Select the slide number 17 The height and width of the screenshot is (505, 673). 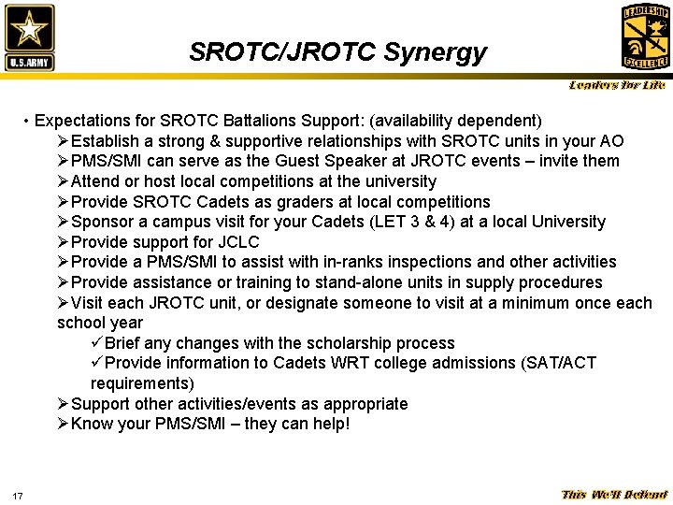pos(18,495)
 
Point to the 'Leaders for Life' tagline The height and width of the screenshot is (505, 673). pos(617,86)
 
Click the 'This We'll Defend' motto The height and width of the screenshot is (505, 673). pos(613,495)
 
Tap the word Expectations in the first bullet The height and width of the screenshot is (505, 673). pos(94,121)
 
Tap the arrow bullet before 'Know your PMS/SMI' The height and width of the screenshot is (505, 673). pos(63,425)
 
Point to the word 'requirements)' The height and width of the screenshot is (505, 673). pos(142,383)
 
